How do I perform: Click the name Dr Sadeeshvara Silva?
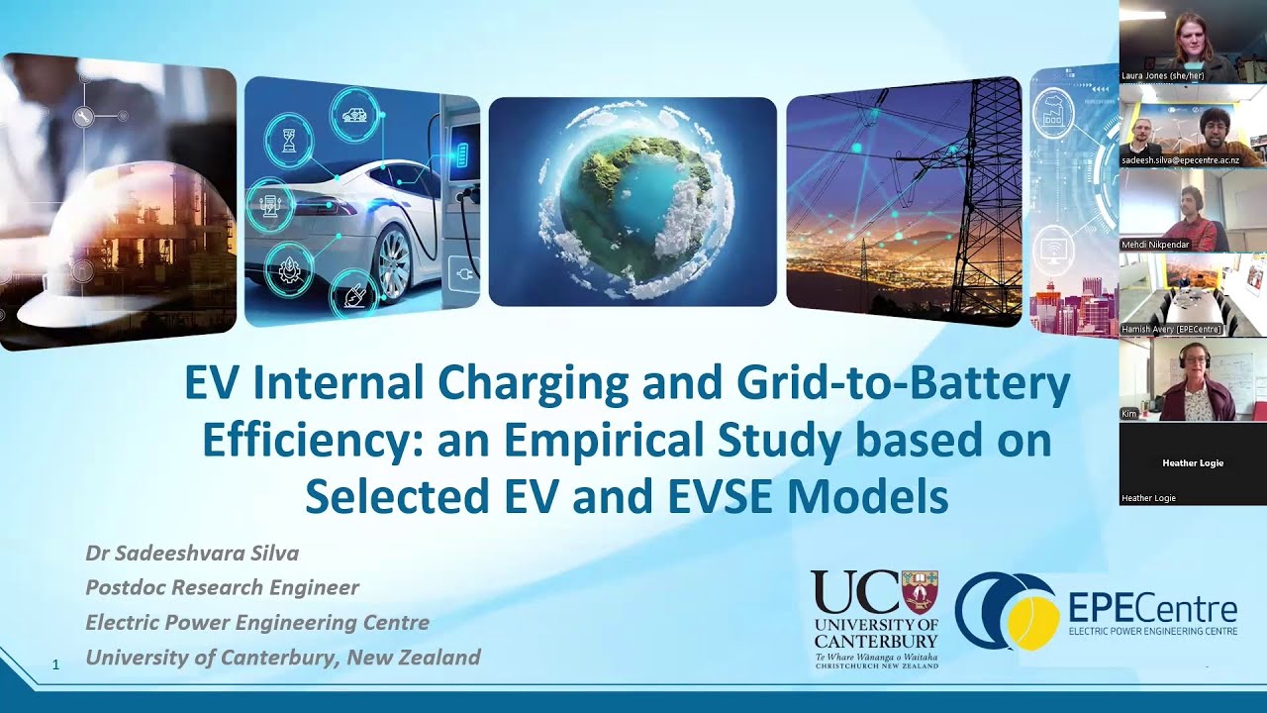[x=192, y=553]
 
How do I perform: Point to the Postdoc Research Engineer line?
[x=222, y=587]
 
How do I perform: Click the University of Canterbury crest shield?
[x=920, y=591]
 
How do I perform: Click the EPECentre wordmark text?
[x=1153, y=608]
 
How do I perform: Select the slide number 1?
[x=55, y=664]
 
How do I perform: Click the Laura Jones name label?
[x=1161, y=75]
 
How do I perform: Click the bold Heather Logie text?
[x=1193, y=462]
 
